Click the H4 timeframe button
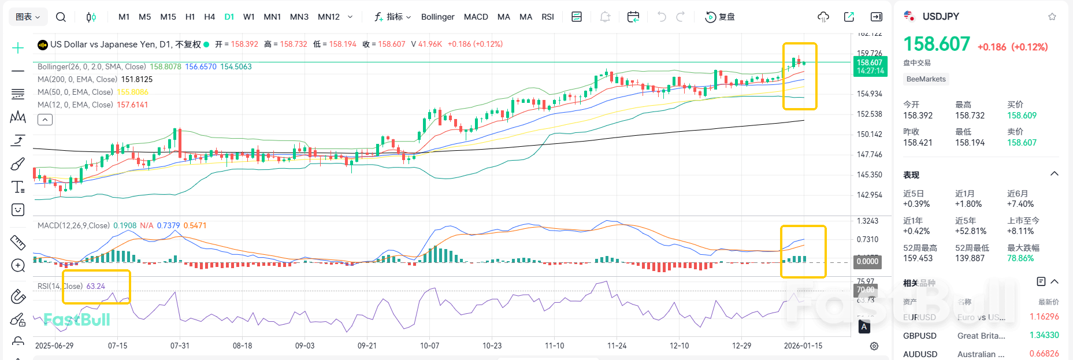[209, 17]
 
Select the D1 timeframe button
[229, 17]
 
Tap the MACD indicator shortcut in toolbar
[476, 17]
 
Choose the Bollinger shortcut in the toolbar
[437, 17]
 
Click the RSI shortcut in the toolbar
[547, 17]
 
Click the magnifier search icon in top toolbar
[61, 17]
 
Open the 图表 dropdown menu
[28, 17]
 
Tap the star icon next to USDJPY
[1052, 17]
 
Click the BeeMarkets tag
[926, 79]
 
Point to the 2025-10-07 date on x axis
[429, 346]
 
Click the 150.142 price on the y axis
[869, 134]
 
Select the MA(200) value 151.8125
[136, 79]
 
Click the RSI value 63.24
[96, 286]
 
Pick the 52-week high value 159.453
[918, 258]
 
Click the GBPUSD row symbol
[919, 336]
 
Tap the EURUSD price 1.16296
[1044, 317]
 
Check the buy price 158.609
[1022, 116]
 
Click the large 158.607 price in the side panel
[936, 44]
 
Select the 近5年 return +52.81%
[971, 231]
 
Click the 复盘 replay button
[720, 17]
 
